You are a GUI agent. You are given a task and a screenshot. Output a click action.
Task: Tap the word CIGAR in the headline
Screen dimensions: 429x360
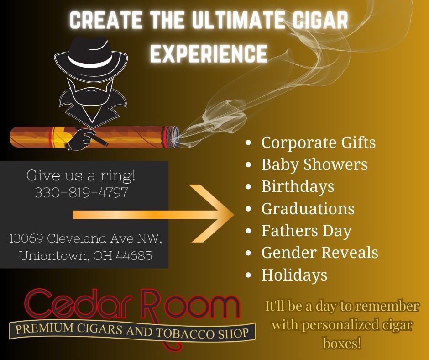pyautogui.click(x=320, y=20)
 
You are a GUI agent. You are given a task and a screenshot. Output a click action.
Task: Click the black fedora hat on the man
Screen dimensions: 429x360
pyautogui.click(x=91, y=58)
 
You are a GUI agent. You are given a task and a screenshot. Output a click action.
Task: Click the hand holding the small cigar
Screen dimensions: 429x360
pyautogui.click(x=80, y=140)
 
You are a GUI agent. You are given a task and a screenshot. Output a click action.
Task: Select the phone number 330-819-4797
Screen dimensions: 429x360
pyautogui.click(x=81, y=192)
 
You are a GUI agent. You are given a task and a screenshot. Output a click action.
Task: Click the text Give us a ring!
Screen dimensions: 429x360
pyautogui.click(x=81, y=175)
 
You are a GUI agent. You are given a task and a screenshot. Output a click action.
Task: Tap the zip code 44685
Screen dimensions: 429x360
pyautogui.click(x=134, y=256)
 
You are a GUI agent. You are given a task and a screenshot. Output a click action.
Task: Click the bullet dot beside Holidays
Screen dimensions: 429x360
pyautogui.click(x=248, y=275)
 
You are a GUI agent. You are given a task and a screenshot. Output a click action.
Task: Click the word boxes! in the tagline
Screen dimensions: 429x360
pyautogui.click(x=342, y=343)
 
